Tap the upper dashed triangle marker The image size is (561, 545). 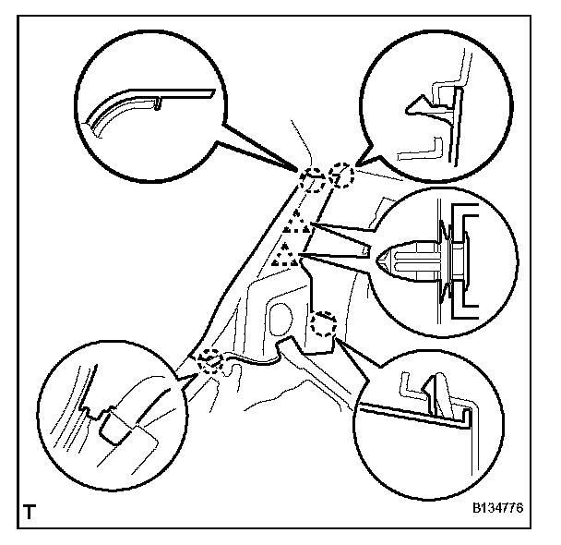pos(295,223)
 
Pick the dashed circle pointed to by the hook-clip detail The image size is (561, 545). pos(341,176)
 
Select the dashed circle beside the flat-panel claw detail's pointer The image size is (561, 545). pos(322,325)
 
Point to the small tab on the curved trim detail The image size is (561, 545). pos(161,101)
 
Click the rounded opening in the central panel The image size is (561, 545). pos(280,318)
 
